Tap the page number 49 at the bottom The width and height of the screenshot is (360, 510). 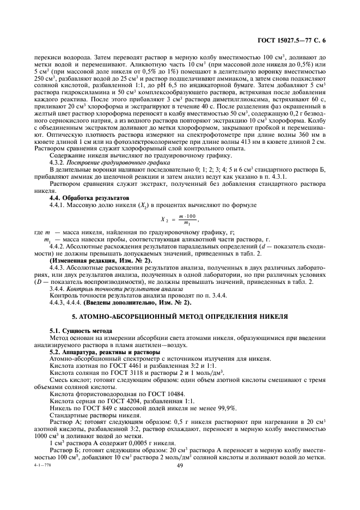180,466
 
